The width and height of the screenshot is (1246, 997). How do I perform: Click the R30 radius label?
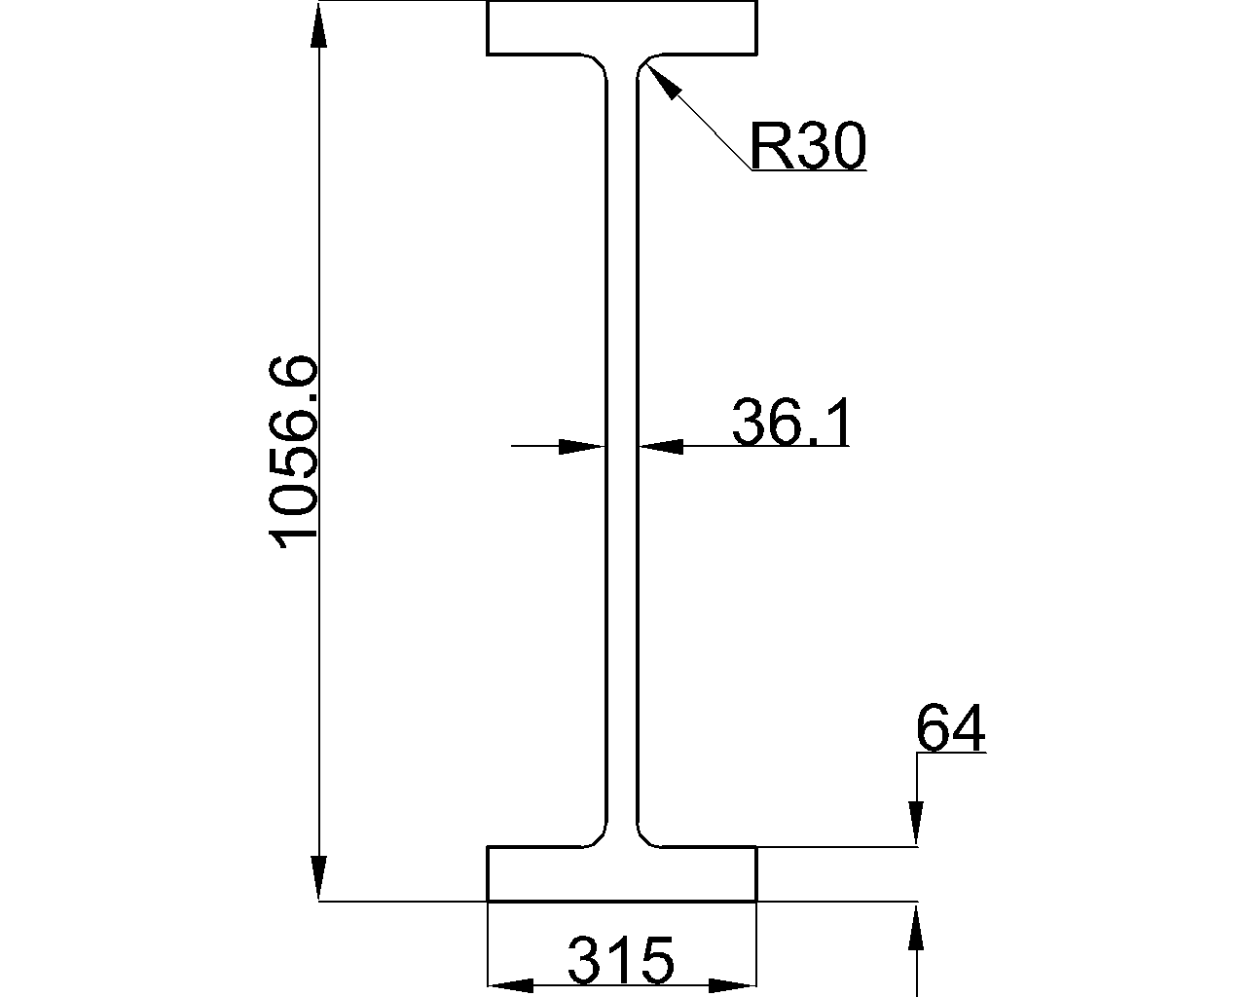[x=806, y=148]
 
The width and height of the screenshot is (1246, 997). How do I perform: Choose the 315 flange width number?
[x=620, y=961]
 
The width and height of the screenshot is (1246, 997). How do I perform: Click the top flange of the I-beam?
[x=622, y=28]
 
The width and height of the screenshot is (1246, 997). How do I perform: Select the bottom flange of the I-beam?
[x=622, y=874]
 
